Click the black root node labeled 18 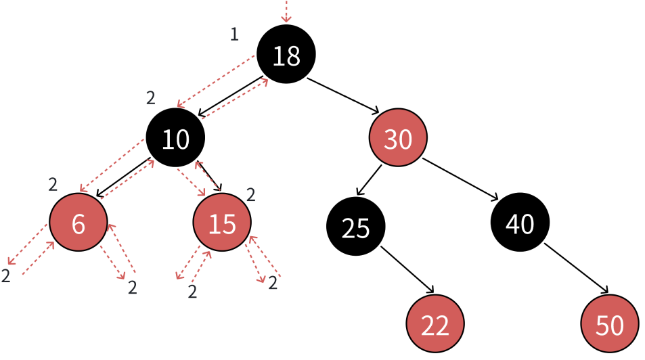point(286,55)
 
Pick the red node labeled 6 point(78,223)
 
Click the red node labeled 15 point(222,223)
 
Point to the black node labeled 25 point(355,227)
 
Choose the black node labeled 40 point(520,223)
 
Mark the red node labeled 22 point(435,325)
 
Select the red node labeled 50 point(609,325)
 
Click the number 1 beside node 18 point(234,35)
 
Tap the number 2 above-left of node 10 point(151,97)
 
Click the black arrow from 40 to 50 point(576,269)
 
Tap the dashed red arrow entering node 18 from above point(286,10)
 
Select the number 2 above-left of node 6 point(53,183)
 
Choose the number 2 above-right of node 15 point(250,195)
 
